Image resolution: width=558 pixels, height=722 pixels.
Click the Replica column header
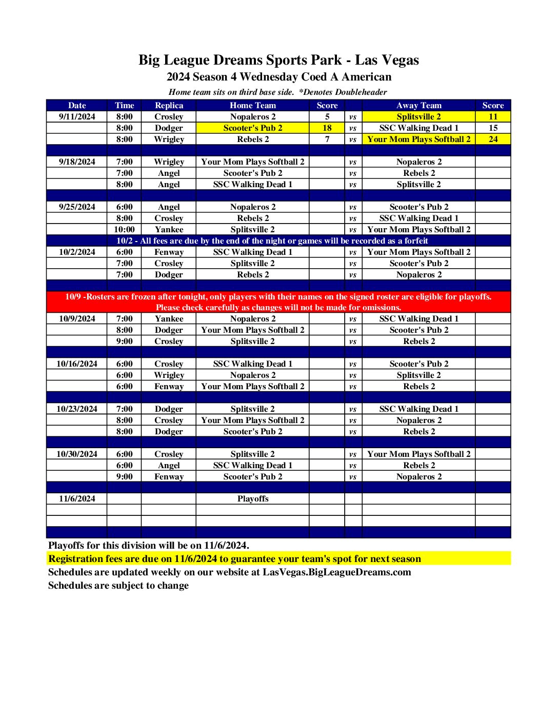coord(169,105)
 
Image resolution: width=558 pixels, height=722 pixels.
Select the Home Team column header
coord(252,105)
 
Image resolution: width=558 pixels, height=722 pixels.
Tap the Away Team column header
coord(418,105)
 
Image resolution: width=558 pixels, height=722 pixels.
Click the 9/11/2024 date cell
coord(77,116)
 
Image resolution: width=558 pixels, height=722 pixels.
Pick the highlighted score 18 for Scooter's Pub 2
coord(327,128)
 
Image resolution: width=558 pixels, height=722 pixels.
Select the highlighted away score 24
coord(493,139)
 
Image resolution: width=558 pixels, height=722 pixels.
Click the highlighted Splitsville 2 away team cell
coord(418,116)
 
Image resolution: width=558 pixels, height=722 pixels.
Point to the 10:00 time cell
coord(124,229)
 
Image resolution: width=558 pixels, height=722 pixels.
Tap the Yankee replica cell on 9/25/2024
coord(169,229)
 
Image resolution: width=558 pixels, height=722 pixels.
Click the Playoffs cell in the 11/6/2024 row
coord(252,498)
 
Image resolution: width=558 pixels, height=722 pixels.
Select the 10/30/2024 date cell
coord(77,454)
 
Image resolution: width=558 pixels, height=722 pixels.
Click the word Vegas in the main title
coord(400,61)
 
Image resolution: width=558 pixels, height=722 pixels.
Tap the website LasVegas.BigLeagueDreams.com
coord(336,572)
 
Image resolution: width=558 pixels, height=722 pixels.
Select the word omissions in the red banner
coord(381,307)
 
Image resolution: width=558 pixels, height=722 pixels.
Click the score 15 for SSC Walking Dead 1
coord(493,128)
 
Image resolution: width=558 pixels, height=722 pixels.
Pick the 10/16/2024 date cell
coord(77,364)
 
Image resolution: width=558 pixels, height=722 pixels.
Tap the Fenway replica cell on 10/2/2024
coord(169,252)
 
